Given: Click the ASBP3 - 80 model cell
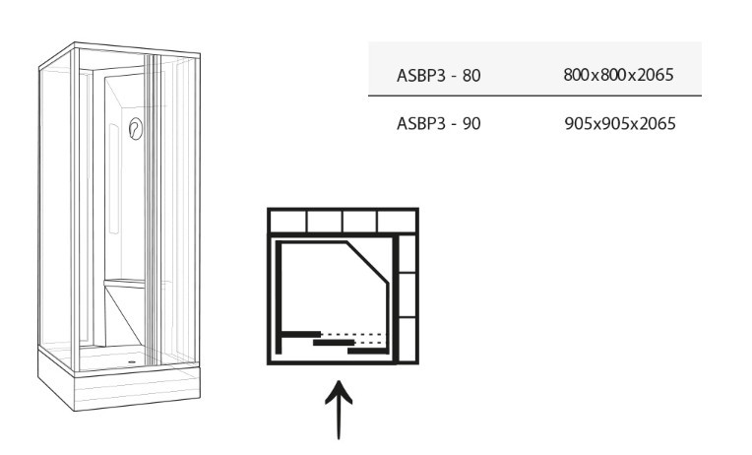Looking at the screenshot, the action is coord(438,76).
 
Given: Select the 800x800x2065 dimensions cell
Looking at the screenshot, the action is coord(619,75).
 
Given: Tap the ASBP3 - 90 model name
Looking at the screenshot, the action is coord(438,124).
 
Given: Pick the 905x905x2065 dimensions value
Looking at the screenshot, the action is coord(620,124).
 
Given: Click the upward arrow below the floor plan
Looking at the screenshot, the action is coord(339,410).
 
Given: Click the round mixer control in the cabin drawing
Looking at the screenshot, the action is coord(136,129).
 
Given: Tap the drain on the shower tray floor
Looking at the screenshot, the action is coord(132,361).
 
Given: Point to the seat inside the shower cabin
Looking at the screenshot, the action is coord(124,284).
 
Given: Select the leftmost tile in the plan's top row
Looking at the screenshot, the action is coord(287,223).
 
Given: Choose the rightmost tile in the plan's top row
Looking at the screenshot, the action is coord(396,223).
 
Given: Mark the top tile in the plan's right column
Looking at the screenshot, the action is coord(407,253).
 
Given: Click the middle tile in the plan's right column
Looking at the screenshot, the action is coord(407,294).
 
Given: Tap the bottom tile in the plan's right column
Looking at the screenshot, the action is coord(407,340).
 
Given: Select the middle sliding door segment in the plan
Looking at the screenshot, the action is coord(334,343).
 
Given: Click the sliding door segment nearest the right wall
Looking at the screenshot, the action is coord(368,351).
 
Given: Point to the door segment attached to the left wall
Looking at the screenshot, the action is coord(301,334).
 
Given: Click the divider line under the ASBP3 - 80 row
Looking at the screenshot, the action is coord(534,96).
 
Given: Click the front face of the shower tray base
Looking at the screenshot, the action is coord(137,390).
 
